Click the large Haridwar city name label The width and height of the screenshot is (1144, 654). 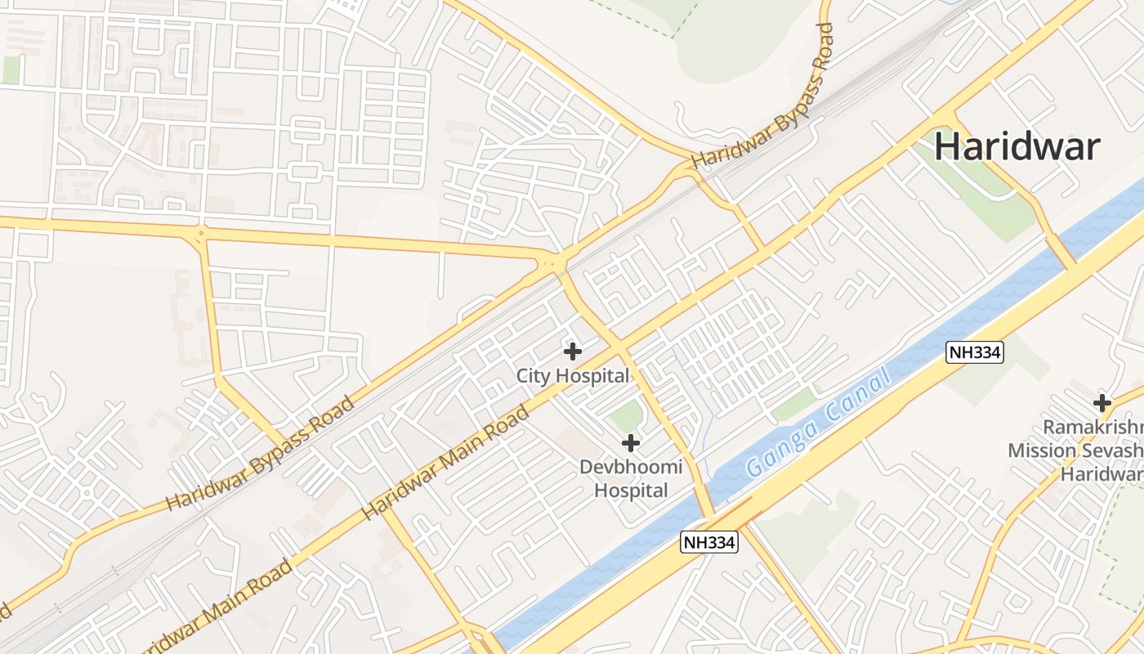[1017, 147]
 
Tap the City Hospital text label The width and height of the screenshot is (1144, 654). [572, 376]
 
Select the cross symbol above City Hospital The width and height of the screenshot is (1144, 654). [573, 352]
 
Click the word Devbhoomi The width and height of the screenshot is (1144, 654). [630, 468]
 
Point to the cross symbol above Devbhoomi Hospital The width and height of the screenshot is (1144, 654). [630, 443]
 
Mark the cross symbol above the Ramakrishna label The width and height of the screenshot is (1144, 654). [1102, 402]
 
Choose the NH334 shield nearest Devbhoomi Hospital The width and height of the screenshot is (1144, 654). [709, 542]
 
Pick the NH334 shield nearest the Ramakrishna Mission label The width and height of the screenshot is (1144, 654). [974, 352]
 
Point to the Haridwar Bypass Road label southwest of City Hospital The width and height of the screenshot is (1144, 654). [261, 454]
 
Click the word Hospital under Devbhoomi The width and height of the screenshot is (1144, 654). [630, 490]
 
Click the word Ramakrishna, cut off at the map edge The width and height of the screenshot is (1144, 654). [1093, 428]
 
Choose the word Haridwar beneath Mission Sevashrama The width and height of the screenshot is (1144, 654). [1102, 474]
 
